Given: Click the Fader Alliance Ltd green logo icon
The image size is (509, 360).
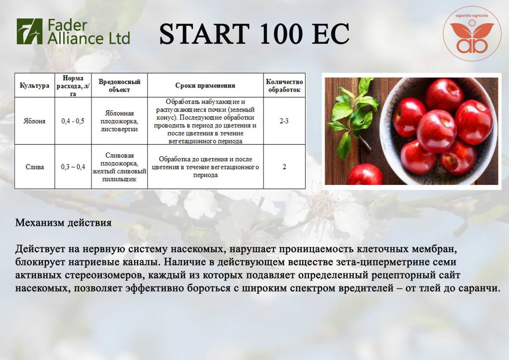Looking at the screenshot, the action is (x=29, y=31).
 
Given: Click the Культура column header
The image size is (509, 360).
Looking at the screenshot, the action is (x=34, y=86).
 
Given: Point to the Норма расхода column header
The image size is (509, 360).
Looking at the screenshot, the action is (x=73, y=86).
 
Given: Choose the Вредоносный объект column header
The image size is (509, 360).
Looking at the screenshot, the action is (x=119, y=86).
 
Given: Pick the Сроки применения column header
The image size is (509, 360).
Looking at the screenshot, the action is (x=205, y=86).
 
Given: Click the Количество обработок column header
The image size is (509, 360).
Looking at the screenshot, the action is (x=284, y=86).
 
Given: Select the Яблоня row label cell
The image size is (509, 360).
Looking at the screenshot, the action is (x=34, y=121).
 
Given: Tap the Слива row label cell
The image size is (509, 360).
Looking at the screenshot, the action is (x=35, y=167).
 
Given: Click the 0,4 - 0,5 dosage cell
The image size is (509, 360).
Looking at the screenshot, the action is (x=73, y=121).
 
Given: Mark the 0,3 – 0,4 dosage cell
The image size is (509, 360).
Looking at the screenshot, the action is (x=73, y=167).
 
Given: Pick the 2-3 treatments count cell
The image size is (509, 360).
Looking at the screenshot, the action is (x=284, y=121).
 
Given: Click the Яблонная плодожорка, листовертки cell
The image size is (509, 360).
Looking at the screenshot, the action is (x=119, y=121).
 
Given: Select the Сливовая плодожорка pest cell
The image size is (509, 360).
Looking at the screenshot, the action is (x=119, y=167).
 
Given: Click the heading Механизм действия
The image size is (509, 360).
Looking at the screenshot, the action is (x=63, y=223).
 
